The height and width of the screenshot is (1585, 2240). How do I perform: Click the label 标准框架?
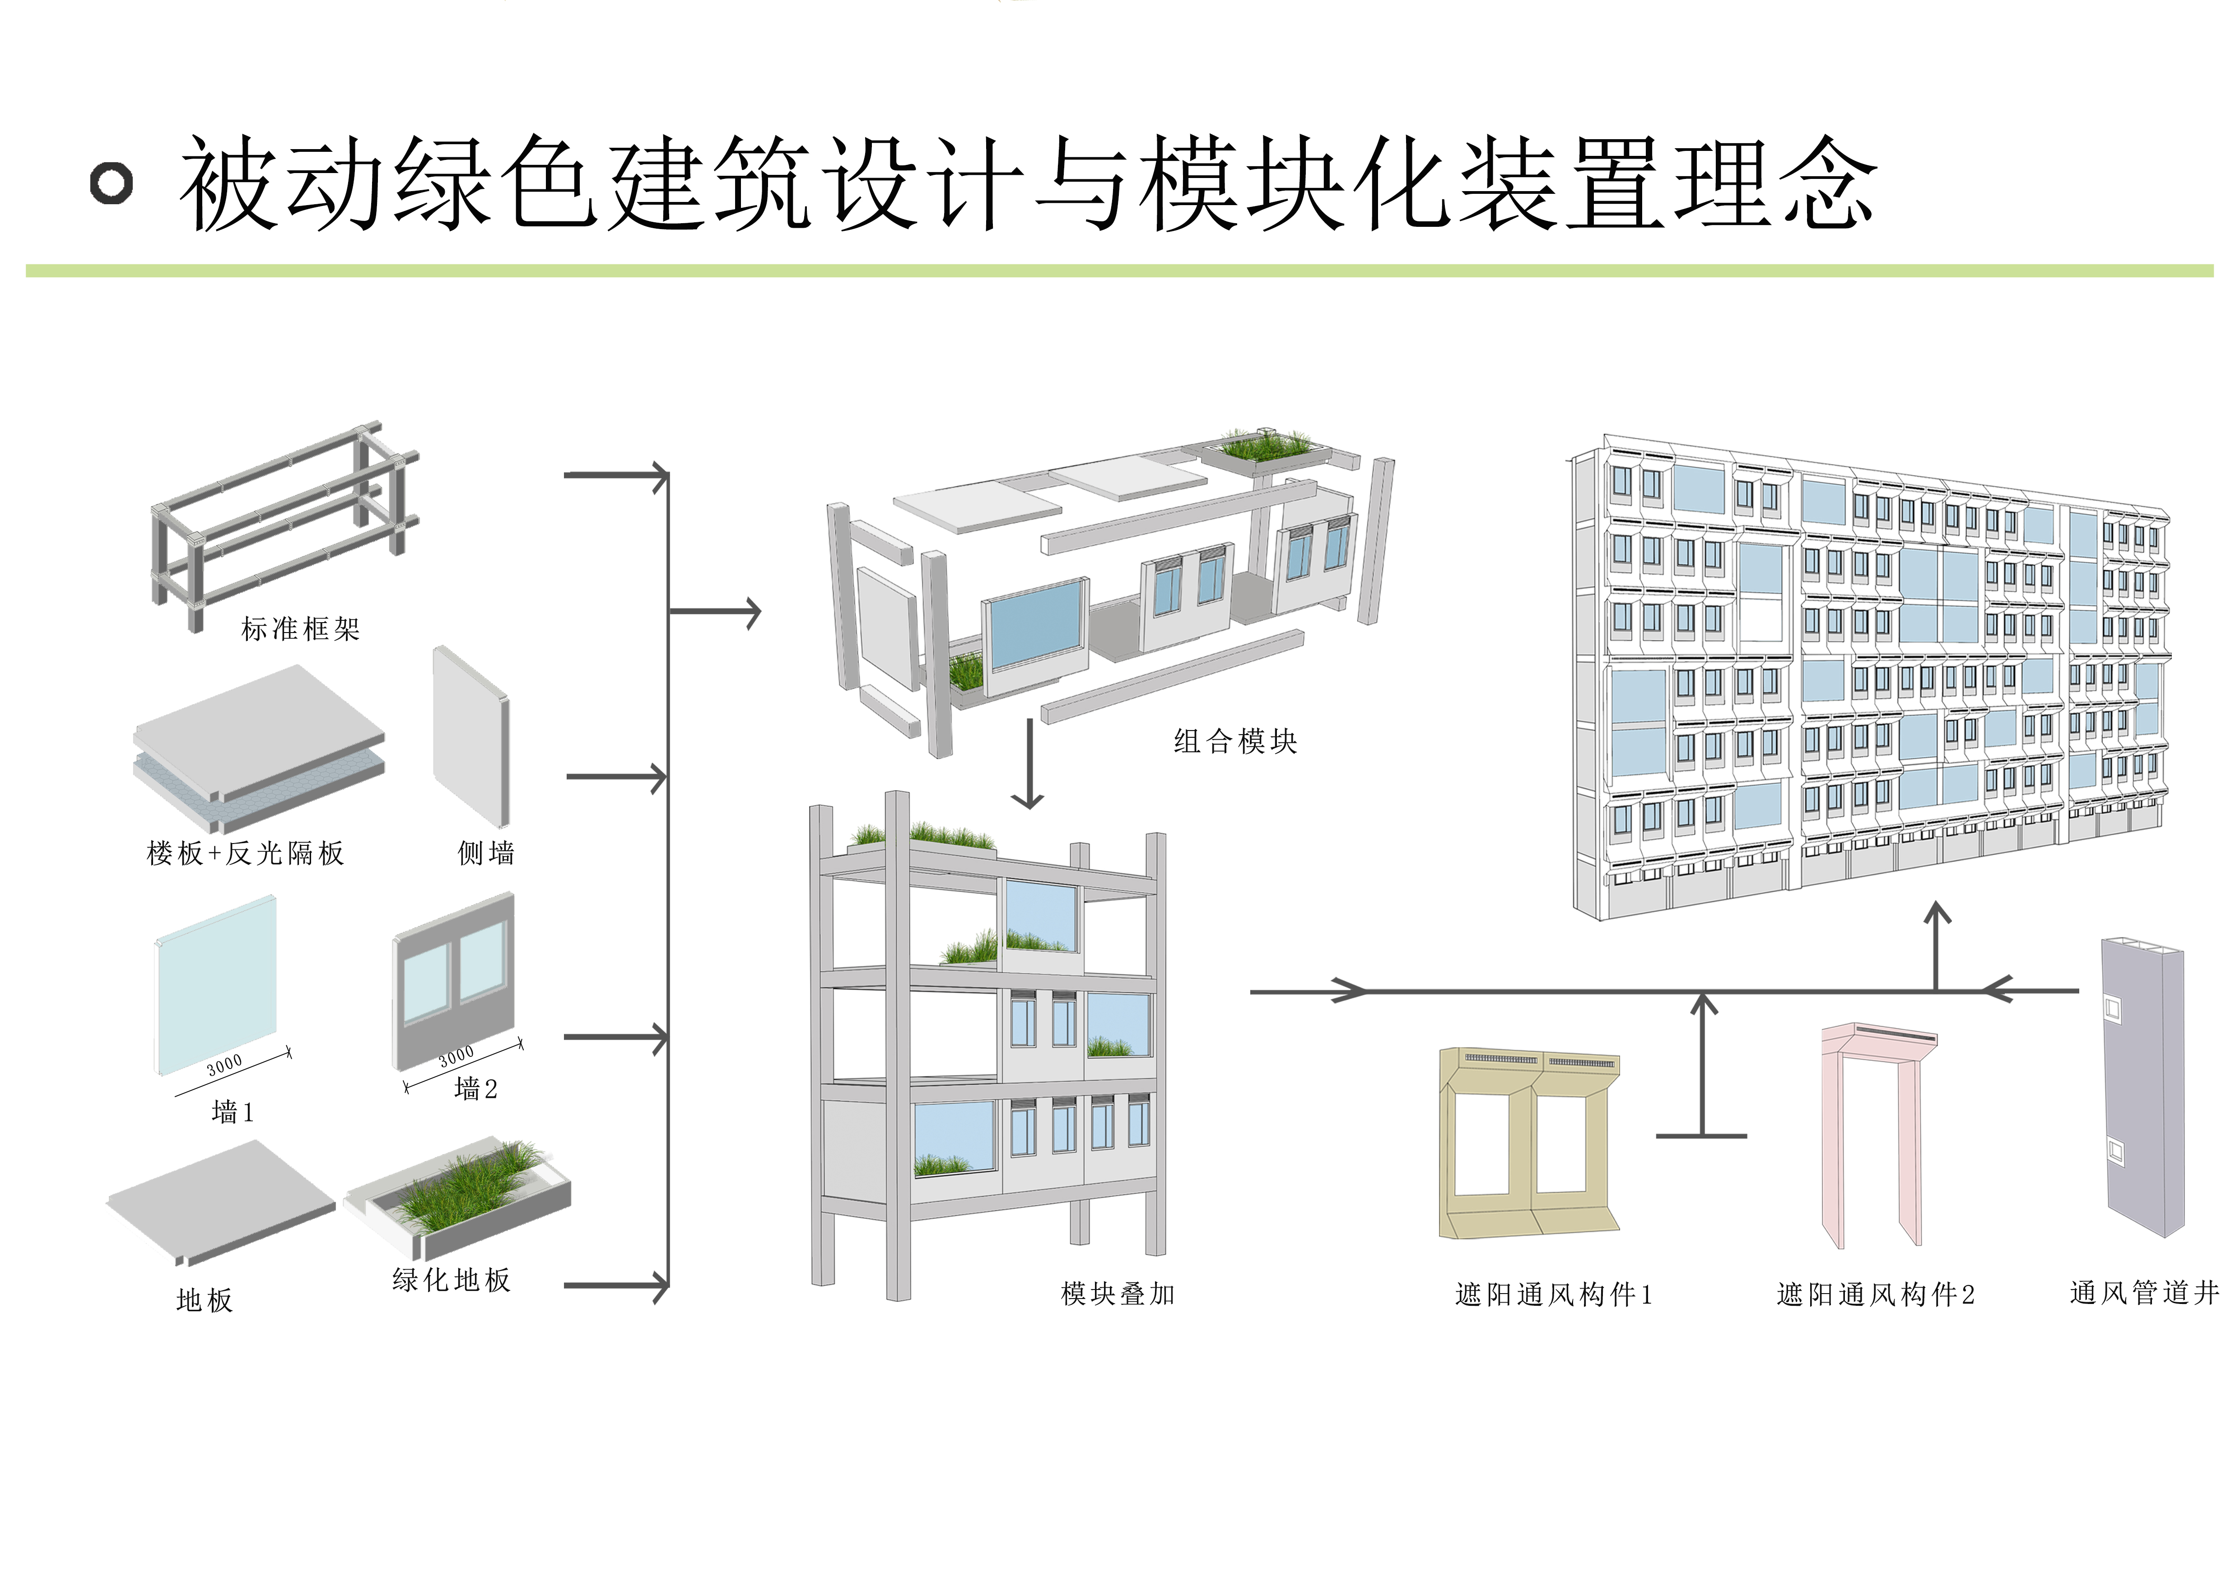(301, 629)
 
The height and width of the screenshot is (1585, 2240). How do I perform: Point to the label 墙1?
(232, 1111)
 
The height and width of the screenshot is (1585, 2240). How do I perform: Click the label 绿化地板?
(452, 1280)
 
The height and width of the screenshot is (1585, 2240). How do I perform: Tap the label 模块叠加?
(1118, 1294)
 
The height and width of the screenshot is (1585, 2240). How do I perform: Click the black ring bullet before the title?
(111, 183)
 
